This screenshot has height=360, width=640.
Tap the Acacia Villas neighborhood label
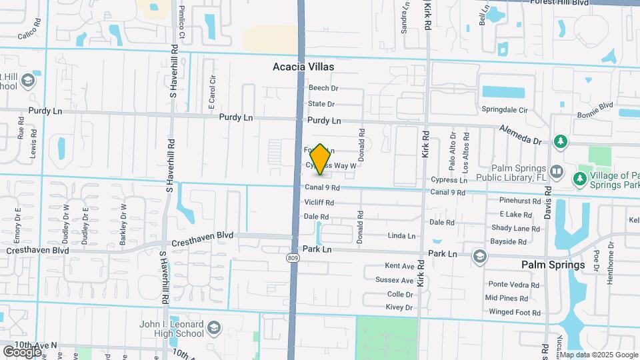point(303,67)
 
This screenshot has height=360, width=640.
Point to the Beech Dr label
point(323,88)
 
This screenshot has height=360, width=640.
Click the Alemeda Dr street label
point(520,135)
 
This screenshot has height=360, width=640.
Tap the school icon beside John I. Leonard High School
point(213,328)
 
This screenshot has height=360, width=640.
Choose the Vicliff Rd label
point(319,202)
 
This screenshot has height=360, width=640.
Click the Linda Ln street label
point(401,236)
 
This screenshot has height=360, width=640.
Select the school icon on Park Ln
point(479,256)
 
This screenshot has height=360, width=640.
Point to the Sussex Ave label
point(395,280)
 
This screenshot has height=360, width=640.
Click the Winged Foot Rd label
point(514,312)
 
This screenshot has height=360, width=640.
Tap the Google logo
point(22,351)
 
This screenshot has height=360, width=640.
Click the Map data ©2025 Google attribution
point(599,355)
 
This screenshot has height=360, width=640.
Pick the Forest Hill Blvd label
point(560,3)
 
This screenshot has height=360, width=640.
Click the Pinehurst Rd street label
point(520,200)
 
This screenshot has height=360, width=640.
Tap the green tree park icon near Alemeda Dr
point(561,141)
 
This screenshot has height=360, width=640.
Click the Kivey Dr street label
point(399,307)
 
